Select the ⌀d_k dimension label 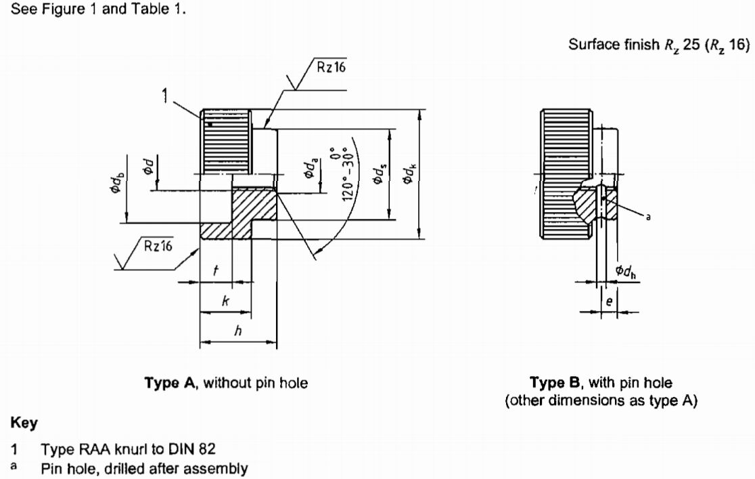[409, 173]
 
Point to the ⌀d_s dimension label [380, 173]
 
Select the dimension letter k [225, 301]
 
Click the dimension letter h [237, 331]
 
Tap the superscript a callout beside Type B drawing [648, 217]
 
